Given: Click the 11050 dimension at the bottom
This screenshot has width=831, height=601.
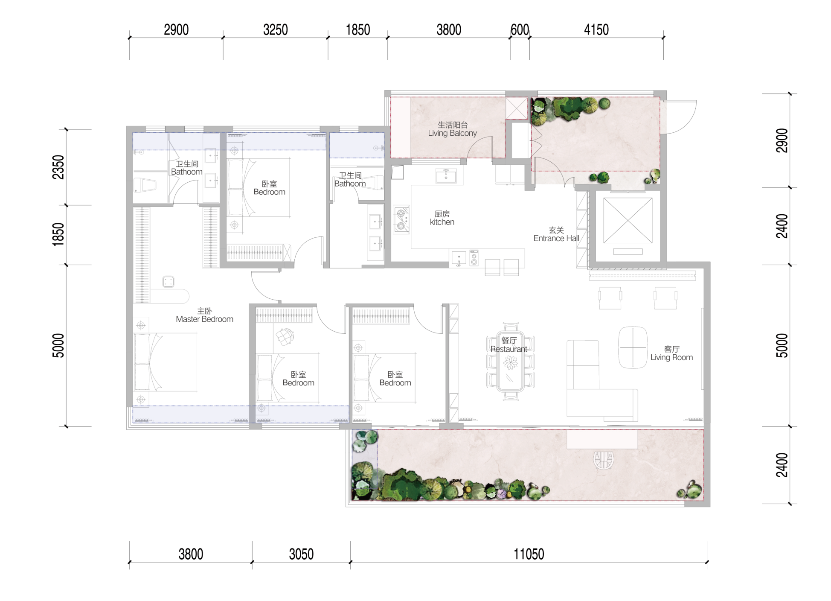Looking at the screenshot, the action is click(x=529, y=554).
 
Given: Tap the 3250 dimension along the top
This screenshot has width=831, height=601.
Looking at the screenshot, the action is click(x=275, y=30).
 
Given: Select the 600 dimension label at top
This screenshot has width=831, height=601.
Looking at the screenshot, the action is click(x=520, y=30).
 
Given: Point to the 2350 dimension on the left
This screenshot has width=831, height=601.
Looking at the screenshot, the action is click(x=58, y=167).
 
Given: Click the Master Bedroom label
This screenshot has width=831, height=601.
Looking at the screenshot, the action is click(x=204, y=315).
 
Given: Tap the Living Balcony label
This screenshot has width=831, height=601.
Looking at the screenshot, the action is click(x=452, y=129).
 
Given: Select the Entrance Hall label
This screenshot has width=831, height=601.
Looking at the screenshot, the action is click(x=556, y=234).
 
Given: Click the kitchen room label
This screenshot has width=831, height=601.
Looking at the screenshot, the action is click(x=442, y=218).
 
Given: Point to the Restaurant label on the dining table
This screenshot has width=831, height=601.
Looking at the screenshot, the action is click(x=509, y=345).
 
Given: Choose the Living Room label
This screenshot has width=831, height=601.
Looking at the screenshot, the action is click(x=671, y=353).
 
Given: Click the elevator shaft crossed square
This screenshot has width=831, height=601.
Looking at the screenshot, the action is click(x=628, y=221).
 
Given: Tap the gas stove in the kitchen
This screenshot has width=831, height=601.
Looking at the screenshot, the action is click(x=401, y=219).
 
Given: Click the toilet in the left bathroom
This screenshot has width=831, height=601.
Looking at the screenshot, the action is click(x=145, y=185).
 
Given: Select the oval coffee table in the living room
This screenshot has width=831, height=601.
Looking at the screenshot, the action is click(x=633, y=347).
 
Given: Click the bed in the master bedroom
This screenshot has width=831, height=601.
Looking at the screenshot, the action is click(x=165, y=362).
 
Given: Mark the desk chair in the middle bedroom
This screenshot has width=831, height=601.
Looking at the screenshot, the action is click(x=285, y=336).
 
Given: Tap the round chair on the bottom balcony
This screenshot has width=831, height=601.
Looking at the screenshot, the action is click(x=603, y=461).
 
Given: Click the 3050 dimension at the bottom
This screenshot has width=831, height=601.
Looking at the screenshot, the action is click(x=301, y=554).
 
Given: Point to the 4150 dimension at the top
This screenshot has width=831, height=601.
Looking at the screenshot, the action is click(x=596, y=30).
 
